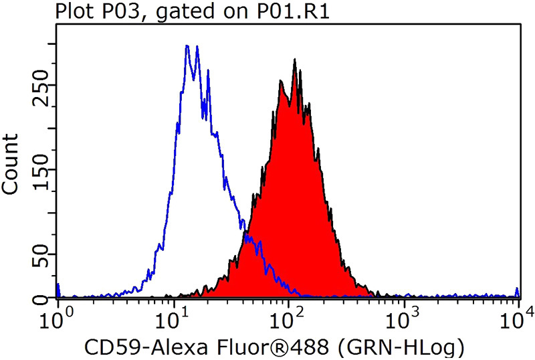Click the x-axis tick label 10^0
point(58,315)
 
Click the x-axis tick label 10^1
point(173,315)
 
